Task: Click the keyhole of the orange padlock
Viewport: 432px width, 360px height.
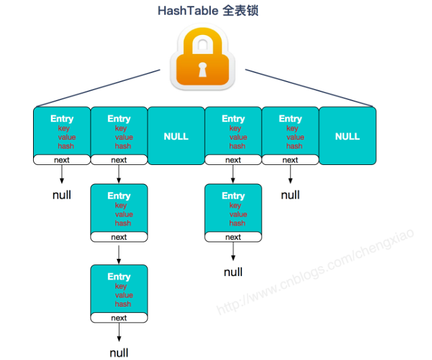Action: point(202,69)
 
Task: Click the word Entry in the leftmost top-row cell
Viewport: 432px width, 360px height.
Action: point(62,119)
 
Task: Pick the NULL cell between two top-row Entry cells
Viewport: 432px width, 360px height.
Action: point(176,136)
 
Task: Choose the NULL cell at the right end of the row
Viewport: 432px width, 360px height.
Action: point(347,136)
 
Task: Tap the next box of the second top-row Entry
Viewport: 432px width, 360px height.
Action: point(119,160)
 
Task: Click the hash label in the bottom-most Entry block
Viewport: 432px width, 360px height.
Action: point(123,304)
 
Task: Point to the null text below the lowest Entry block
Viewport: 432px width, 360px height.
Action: point(119,353)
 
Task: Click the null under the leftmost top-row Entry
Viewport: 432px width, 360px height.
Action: point(62,195)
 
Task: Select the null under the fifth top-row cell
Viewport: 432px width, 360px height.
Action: point(290,195)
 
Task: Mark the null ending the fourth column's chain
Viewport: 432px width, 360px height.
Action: point(233,272)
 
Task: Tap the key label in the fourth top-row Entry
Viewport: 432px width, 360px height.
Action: point(235,129)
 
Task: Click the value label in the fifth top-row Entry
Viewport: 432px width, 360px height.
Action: point(295,137)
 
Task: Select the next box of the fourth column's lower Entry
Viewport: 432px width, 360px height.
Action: point(233,237)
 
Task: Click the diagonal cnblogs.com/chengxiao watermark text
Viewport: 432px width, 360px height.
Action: point(319,270)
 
